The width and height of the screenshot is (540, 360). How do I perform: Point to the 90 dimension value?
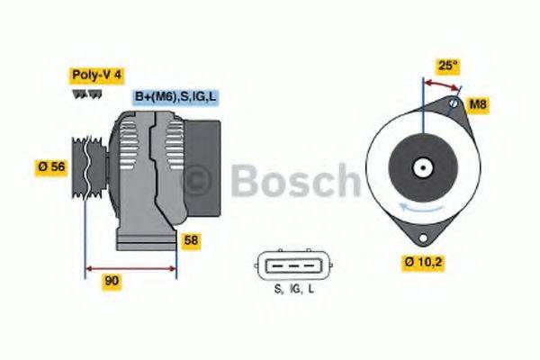pos(112,281)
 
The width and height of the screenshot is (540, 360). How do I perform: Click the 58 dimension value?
pos(191,240)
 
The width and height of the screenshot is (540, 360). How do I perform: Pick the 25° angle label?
pos(448,67)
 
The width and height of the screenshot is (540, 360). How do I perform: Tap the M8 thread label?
pos(479,105)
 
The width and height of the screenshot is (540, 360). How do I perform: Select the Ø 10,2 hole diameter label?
pos(422,264)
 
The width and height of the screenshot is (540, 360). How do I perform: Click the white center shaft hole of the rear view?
pos(422,167)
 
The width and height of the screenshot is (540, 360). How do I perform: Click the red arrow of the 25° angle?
pos(442,84)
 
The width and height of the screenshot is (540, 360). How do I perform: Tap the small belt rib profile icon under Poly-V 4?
pos(81,94)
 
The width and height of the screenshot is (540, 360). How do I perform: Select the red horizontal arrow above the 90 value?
pos(130,267)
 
